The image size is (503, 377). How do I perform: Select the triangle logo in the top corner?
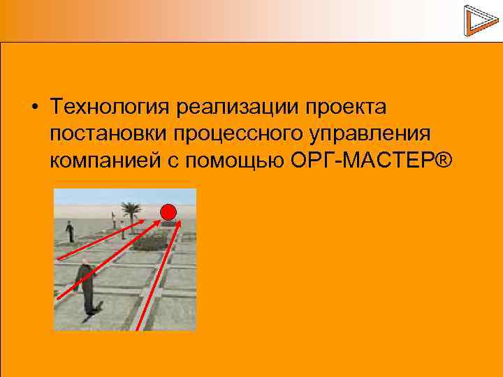(x=478, y=20)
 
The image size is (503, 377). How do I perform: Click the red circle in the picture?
(x=168, y=212)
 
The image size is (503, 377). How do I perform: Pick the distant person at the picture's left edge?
(x=69, y=231)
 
